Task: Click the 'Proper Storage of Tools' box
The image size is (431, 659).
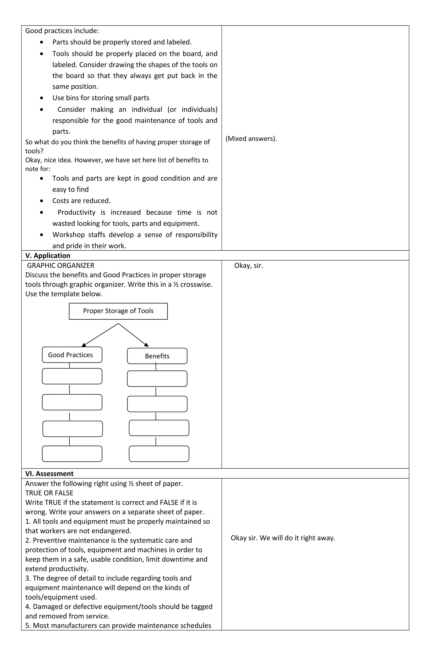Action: click(118, 311)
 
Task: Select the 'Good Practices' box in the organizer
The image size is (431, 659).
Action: click(72, 355)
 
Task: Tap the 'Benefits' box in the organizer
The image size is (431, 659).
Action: click(157, 356)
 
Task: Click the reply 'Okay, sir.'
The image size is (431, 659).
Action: click(249, 266)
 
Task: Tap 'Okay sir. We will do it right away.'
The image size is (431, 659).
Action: click(283, 538)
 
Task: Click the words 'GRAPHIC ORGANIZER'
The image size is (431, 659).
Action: click(60, 266)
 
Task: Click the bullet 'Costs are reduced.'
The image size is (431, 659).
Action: click(81, 201)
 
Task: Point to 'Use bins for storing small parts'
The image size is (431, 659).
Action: click(101, 98)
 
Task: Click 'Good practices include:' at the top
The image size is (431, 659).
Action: click(62, 31)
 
